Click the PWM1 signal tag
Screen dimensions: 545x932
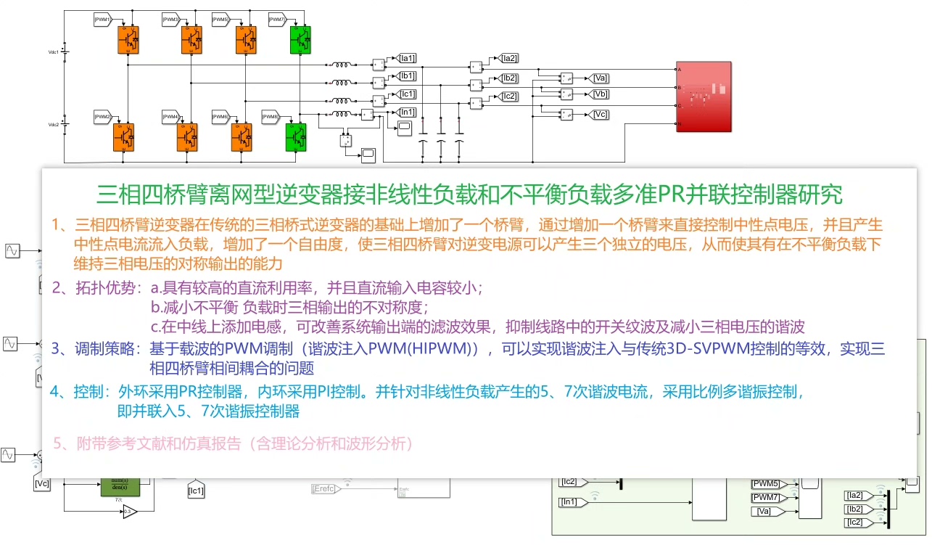[103, 19]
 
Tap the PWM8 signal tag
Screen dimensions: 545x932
[271, 117]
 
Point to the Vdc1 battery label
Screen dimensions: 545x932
[53, 52]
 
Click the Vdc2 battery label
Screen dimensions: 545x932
[53, 125]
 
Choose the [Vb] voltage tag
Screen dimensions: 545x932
[601, 95]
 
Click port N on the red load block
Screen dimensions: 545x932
[679, 124]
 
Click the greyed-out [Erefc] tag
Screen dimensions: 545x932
[326, 488]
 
